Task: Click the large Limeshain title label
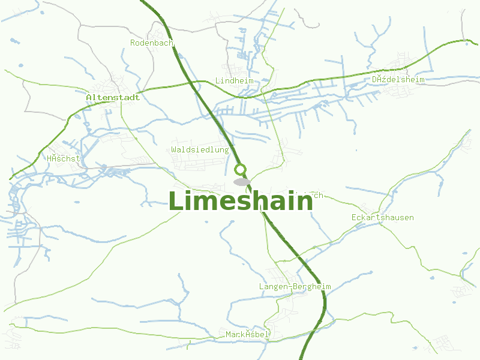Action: pyautogui.click(x=240, y=202)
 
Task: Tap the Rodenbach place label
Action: pyautogui.click(x=152, y=43)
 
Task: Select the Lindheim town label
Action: pyautogui.click(x=234, y=80)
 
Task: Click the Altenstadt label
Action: pyautogui.click(x=113, y=97)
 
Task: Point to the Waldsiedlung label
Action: pyautogui.click(x=200, y=149)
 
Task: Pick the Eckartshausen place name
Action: pyautogui.click(x=382, y=217)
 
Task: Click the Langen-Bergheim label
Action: pyautogui.click(x=295, y=286)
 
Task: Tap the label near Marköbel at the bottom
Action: pyautogui.click(x=247, y=334)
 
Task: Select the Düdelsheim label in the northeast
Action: pyautogui.click(x=398, y=79)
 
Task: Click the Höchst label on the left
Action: pyautogui.click(x=63, y=158)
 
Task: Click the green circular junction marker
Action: pyautogui.click(x=241, y=169)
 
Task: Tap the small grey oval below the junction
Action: pyautogui.click(x=242, y=182)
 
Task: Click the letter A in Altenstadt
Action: pyautogui.click(x=89, y=97)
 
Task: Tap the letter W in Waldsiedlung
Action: pyautogui.click(x=174, y=149)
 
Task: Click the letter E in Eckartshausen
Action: pyautogui.click(x=354, y=217)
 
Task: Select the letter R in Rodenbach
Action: pyautogui.click(x=133, y=43)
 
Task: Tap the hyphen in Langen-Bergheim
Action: pyautogui.click(x=290, y=287)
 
